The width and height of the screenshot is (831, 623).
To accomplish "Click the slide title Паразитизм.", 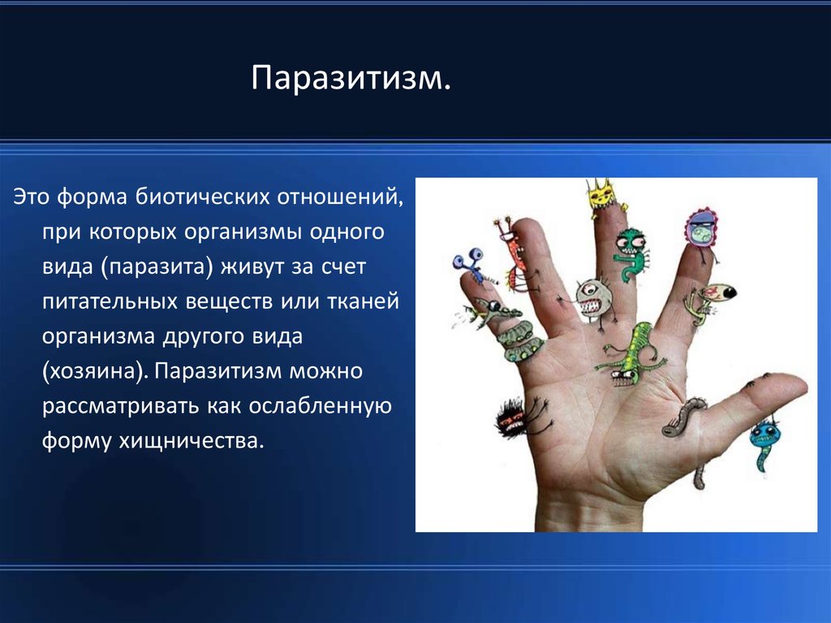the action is (x=351, y=78).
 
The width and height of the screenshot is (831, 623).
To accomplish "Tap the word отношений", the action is (x=340, y=197).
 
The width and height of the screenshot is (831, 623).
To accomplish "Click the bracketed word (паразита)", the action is (x=157, y=266).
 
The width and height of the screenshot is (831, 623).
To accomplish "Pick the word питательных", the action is (x=110, y=301).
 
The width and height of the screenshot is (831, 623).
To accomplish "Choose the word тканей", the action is (x=363, y=301).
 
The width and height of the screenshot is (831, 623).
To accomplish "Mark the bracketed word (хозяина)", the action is (x=95, y=370).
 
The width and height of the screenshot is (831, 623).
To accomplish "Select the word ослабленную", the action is (x=320, y=405).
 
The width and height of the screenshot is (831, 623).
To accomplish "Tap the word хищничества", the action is (x=191, y=440).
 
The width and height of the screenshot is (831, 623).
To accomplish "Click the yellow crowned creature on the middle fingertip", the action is (x=604, y=197).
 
